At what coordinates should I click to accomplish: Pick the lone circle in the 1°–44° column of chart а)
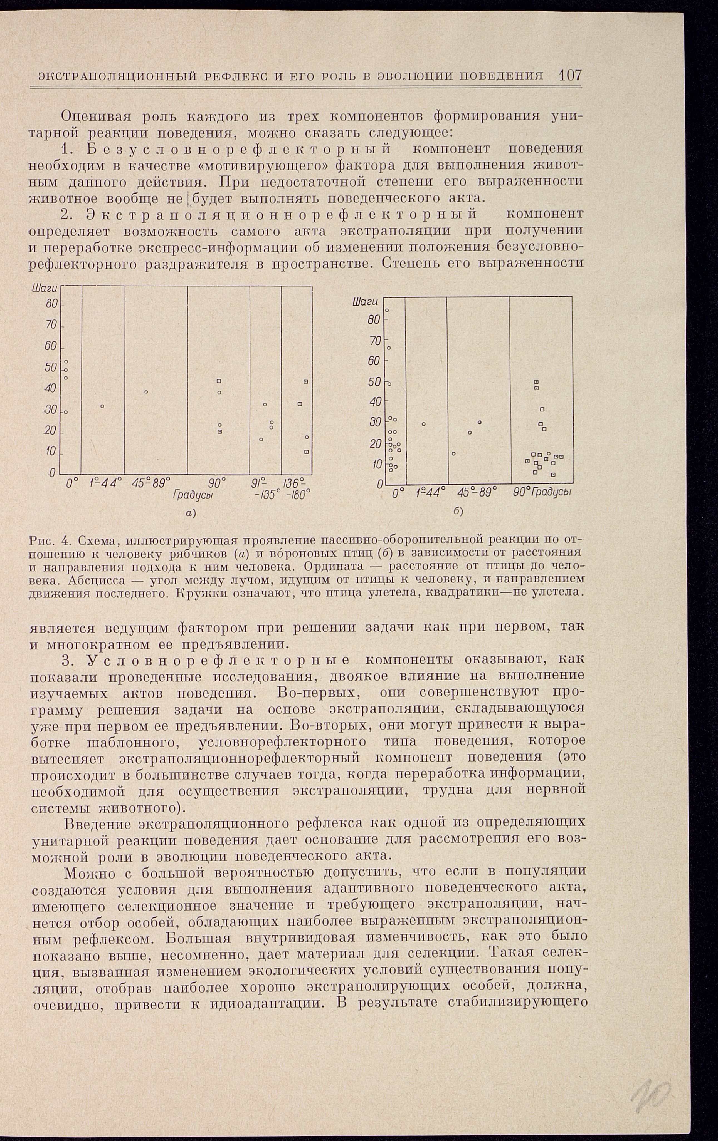tap(102, 406)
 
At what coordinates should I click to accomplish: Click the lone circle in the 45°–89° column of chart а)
tap(147, 392)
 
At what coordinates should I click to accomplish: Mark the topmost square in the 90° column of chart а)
tap(219, 381)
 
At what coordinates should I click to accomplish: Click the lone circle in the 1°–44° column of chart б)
tap(423, 424)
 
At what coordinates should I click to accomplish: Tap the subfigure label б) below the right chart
tap(458, 512)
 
